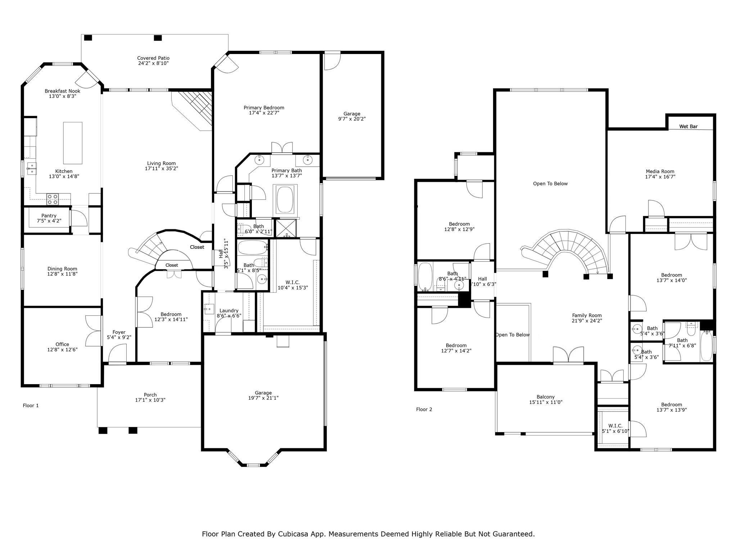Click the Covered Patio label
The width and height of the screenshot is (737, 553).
pos(153,58)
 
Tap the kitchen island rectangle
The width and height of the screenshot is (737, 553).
pos(73,143)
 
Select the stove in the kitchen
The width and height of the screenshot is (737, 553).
pos(53,199)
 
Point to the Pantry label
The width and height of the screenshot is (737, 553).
pos(49,216)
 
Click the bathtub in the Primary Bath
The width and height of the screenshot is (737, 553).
pos(285,199)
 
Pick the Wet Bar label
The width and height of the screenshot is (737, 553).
pos(688,126)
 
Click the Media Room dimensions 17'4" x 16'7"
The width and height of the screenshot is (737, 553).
pos(660,177)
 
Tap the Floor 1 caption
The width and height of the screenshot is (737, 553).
pos(31,405)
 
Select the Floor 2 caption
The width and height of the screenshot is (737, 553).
pos(424,409)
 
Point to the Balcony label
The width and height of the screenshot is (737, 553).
pos(546,397)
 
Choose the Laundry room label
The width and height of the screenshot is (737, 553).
pos(229,311)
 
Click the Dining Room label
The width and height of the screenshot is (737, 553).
pos(62,269)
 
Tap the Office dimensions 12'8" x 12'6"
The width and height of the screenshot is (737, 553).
pos(62,350)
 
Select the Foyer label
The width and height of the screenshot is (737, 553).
pos(119,332)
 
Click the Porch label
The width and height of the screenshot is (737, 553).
pos(150,395)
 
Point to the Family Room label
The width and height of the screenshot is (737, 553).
pos(587,315)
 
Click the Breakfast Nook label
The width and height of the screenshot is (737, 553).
pos(63,91)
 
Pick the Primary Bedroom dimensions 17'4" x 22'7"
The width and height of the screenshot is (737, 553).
pos(264,113)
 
